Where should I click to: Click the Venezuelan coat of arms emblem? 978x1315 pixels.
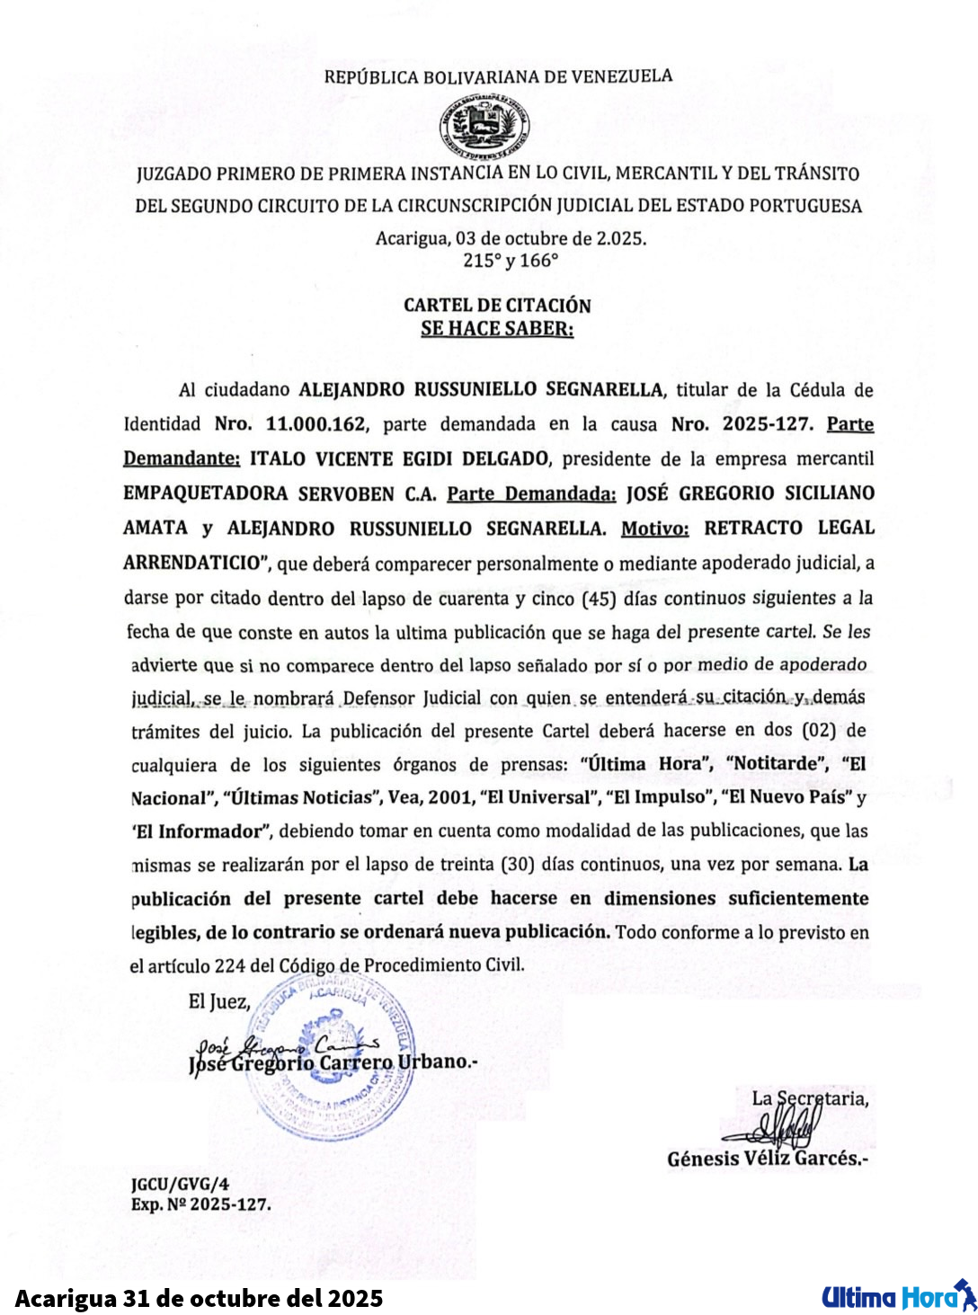(x=484, y=127)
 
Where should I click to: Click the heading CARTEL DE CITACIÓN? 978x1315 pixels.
(x=497, y=306)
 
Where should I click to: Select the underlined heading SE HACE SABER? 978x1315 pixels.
(x=497, y=329)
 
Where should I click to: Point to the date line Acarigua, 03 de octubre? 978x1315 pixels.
(x=511, y=238)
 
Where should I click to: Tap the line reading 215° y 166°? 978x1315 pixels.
(x=511, y=261)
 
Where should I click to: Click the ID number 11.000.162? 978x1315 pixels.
(x=316, y=424)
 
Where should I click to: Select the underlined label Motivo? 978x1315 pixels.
(x=654, y=528)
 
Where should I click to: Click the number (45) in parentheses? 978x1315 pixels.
(x=599, y=598)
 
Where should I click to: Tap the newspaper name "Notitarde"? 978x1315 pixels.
(x=778, y=764)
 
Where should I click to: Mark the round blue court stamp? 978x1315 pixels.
(x=331, y=1062)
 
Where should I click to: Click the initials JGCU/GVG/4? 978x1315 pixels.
(x=180, y=1185)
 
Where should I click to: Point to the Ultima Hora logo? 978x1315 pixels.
(x=898, y=1297)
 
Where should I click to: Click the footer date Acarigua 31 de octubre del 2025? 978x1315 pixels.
(x=199, y=1299)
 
